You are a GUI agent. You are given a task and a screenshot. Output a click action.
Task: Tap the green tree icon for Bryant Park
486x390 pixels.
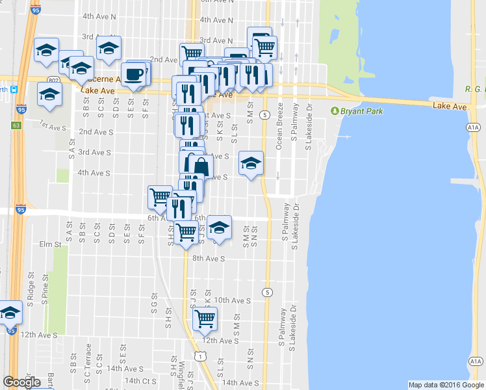336,111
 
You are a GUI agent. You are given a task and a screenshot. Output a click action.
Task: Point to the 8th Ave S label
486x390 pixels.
208,258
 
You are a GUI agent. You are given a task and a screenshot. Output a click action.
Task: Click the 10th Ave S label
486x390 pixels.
233,300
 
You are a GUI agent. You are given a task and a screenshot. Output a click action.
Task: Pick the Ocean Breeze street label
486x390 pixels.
279,126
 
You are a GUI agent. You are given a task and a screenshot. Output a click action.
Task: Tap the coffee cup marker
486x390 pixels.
134,73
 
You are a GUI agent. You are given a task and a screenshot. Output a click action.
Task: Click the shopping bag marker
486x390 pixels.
200,166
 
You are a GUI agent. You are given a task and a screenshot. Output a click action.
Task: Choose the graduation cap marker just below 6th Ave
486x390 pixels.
220,227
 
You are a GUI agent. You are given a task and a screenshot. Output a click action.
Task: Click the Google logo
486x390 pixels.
21,382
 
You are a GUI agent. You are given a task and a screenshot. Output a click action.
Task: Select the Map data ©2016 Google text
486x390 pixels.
446,385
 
